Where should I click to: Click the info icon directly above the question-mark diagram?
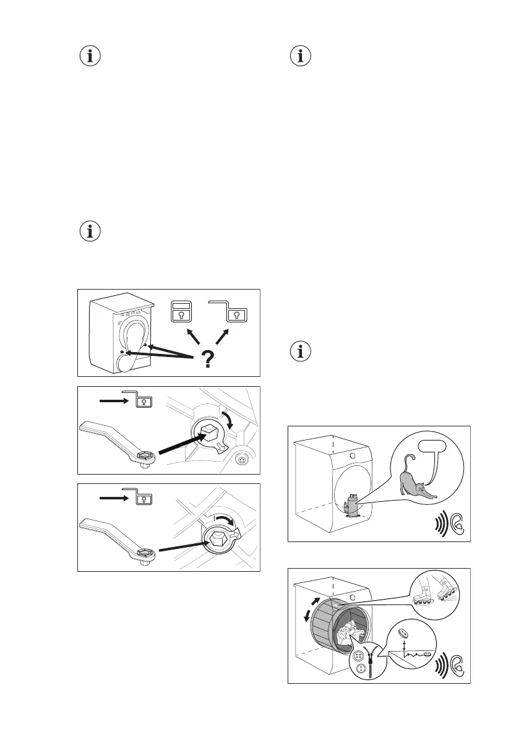point(90,232)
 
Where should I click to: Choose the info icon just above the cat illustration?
point(301,352)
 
